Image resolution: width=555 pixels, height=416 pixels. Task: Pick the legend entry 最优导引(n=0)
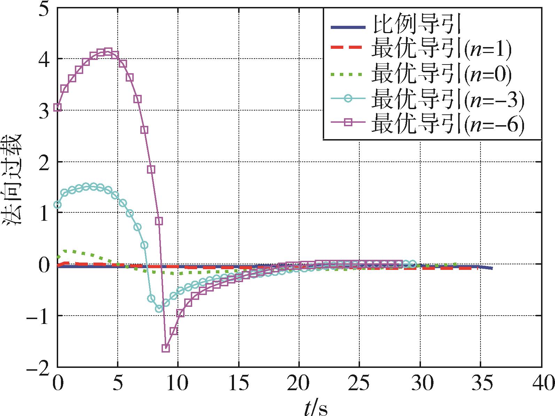(x=440, y=74)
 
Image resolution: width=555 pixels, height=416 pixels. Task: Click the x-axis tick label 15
(x=239, y=384)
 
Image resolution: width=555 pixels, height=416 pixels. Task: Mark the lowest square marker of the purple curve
(x=166, y=348)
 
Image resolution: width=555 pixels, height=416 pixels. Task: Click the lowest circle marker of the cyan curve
(x=159, y=309)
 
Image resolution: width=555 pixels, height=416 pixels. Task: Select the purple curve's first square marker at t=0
(x=58, y=107)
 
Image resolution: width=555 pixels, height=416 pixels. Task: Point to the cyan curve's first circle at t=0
(x=57, y=205)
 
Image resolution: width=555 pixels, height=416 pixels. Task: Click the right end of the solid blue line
(x=492, y=268)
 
